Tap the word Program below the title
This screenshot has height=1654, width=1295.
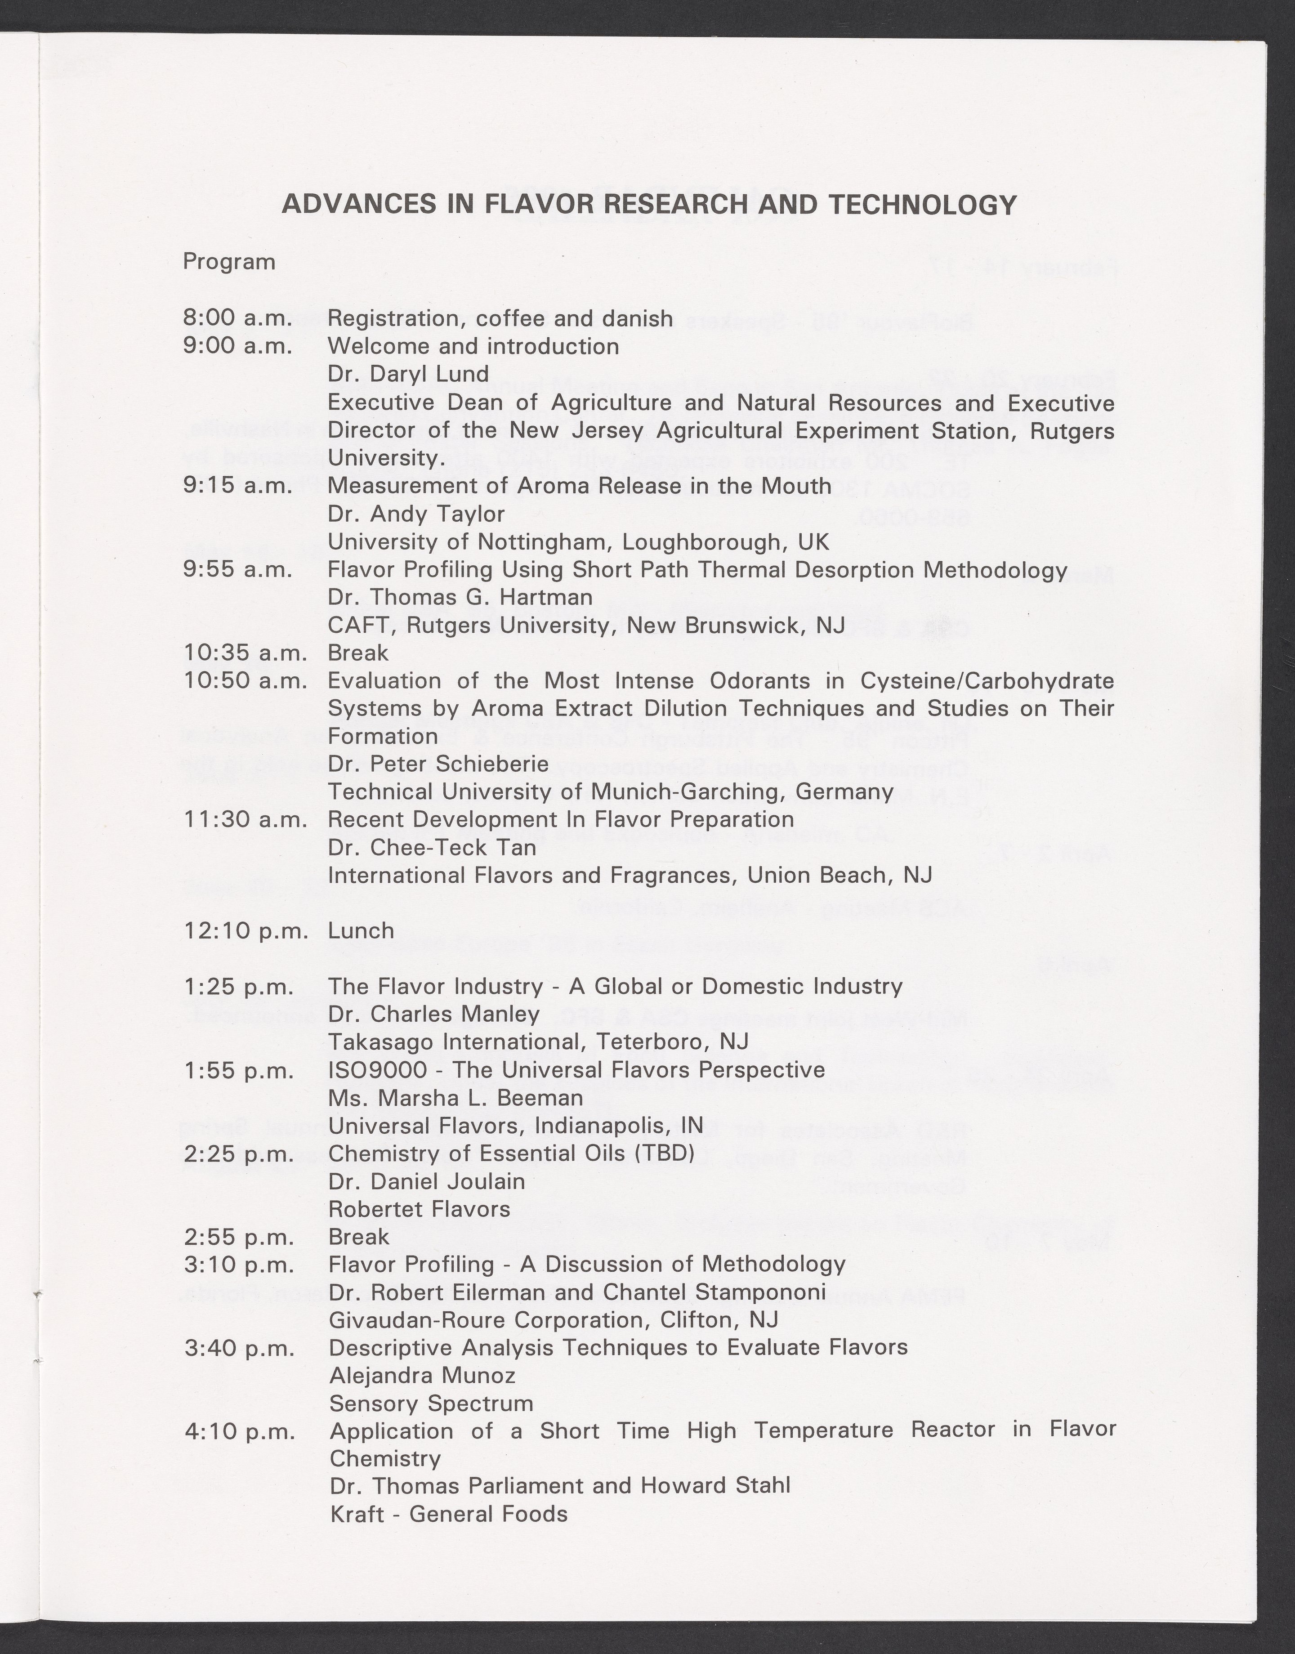click(229, 262)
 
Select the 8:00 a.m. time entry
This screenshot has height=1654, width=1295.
click(237, 318)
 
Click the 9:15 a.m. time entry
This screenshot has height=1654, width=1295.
click(237, 486)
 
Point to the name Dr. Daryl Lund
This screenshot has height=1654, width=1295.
click(408, 374)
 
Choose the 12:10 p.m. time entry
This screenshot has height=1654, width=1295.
click(245, 931)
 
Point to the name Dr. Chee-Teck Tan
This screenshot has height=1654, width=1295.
click(431, 847)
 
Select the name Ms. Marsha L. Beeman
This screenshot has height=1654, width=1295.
click(455, 1098)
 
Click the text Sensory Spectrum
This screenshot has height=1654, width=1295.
click(431, 1404)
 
